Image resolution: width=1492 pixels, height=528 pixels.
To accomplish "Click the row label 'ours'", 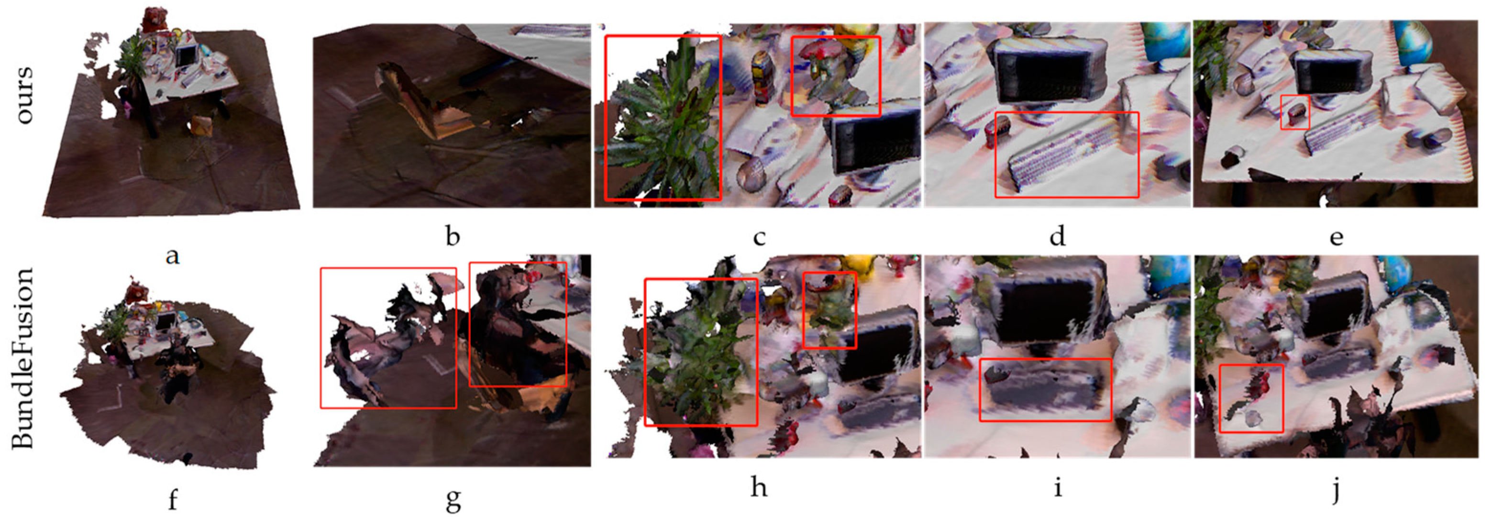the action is coord(25,95).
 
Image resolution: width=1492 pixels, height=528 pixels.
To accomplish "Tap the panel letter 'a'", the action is coord(172,255).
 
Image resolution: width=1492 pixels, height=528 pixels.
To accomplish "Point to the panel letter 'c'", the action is coord(759,237).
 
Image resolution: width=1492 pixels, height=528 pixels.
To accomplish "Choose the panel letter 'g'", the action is coord(453,501).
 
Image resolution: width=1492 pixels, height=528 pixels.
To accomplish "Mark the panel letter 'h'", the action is coord(759,486).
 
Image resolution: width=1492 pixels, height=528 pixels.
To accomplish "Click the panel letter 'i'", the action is coord(1058,486).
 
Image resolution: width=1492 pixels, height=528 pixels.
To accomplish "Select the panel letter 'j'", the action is coord(1336,490).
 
